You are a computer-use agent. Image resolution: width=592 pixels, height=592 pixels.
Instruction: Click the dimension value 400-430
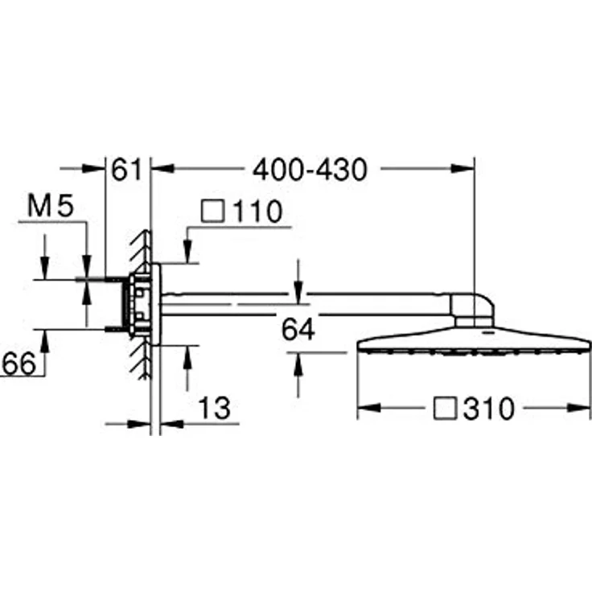310,170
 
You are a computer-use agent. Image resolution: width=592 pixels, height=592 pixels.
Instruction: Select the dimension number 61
126,170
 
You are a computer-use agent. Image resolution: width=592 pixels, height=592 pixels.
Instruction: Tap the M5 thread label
50,207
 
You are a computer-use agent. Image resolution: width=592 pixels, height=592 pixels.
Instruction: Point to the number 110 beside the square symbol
255,212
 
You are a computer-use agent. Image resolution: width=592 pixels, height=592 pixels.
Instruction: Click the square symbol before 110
212,212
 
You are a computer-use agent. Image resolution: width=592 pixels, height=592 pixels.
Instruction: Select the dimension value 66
19,364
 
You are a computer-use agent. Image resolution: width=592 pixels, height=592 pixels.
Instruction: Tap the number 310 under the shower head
488,409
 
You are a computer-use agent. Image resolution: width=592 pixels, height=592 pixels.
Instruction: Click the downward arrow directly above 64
298,294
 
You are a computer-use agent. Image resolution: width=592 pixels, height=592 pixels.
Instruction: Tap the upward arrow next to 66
44,343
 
